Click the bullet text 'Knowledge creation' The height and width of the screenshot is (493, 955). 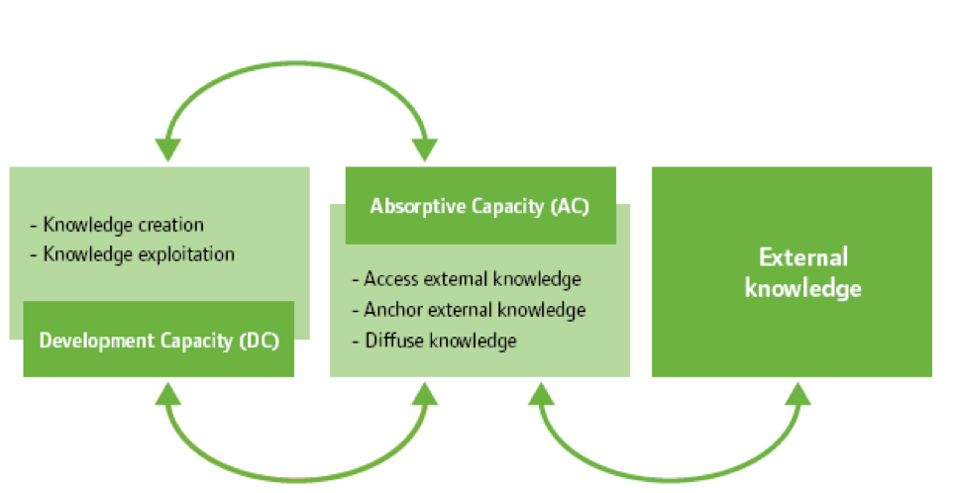[123, 225]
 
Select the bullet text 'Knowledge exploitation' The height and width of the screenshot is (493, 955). [139, 254]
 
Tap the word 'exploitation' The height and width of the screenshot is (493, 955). [186, 254]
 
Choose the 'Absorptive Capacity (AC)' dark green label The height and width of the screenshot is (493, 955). [480, 206]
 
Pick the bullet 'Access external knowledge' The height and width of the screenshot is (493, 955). [472, 279]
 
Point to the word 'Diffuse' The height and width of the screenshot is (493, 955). [390, 342]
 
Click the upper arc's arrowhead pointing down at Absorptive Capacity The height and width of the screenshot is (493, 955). [425, 148]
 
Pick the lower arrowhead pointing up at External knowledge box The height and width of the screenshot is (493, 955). [798, 392]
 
